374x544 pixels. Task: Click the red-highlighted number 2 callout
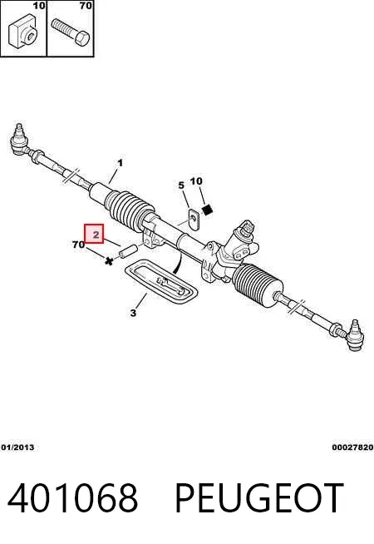tap(94, 234)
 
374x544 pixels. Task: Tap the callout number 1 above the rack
tap(120, 163)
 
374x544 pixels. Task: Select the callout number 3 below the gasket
tap(134, 313)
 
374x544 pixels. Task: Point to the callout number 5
tap(181, 185)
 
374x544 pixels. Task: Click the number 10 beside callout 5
tap(196, 181)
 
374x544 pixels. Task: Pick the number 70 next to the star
tap(79, 245)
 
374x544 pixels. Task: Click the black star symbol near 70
tap(109, 261)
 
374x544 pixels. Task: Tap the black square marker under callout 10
tap(207, 210)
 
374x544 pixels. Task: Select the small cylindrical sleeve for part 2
tap(128, 251)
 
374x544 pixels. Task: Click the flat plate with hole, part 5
tap(194, 220)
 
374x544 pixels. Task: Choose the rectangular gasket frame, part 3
tap(161, 282)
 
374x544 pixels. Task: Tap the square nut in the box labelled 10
tap(23, 31)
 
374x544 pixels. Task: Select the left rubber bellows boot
tap(130, 210)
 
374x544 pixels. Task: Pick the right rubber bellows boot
tap(257, 284)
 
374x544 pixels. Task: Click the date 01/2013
tap(17, 448)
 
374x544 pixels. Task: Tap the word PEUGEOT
tap(259, 498)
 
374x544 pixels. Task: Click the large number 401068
tap(73, 498)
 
